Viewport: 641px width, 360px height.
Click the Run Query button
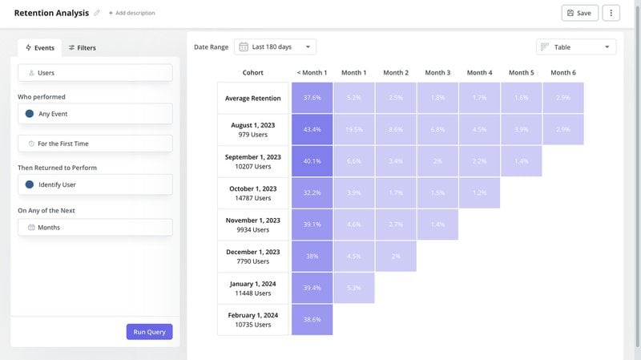(149, 331)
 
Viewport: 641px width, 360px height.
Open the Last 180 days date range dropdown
(276, 47)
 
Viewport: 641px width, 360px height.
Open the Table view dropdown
(576, 47)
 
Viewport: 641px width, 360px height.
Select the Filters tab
(82, 48)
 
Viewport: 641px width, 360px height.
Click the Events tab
(39, 48)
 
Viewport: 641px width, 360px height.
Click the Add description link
(131, 13)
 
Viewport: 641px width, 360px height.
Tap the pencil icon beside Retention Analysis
(97, 13)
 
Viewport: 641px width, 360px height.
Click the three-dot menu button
(611, 13)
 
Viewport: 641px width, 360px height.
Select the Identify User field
(95, 184)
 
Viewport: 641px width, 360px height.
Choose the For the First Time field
(95, 144)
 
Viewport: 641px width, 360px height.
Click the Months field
(95, 227)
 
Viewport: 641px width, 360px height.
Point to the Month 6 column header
(562, 73)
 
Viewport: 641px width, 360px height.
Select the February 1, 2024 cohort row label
(252, 319)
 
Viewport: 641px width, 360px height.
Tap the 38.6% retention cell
(312, 319)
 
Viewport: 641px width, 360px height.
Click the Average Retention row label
(252, 99)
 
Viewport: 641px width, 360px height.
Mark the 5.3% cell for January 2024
(353, 288)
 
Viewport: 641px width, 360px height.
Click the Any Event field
(95, 114)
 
